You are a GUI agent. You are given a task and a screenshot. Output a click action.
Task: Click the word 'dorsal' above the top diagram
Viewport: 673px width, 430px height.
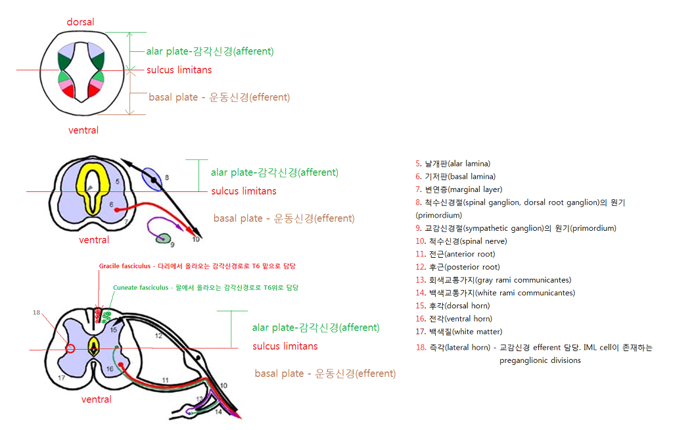click(x=80, y=22)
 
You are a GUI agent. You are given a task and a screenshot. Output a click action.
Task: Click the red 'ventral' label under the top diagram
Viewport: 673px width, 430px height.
click(x=83, y=130)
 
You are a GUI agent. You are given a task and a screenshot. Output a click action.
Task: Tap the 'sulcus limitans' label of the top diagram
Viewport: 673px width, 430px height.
click(x=179, y=70)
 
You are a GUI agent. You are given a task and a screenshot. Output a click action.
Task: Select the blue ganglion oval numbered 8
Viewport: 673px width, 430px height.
click(x=152, y=179)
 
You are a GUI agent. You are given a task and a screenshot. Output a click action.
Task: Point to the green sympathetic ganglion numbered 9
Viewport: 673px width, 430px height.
click(x=163, y=239)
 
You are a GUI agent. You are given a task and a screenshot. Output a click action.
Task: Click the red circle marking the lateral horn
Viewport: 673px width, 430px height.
click(x=71, y=349)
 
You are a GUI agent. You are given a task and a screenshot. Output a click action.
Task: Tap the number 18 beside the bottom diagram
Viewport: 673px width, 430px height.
click(x=37, y=312)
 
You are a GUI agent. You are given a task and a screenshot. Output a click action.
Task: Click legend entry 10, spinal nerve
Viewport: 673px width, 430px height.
click(x=461, y=241)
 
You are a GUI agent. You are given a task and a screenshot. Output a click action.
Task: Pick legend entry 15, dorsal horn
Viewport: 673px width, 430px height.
click(x=452, y=306)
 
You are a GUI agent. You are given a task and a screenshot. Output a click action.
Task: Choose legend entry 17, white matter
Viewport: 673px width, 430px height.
click(x=458, y=331)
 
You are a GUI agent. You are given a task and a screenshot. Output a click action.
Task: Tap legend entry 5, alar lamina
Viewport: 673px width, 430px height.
click(x=452, y=163)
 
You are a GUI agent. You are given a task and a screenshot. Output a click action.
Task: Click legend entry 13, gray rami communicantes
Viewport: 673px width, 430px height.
click(x=493, y=279)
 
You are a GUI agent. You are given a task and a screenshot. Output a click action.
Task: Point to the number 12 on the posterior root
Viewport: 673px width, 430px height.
click(x=158, y=335)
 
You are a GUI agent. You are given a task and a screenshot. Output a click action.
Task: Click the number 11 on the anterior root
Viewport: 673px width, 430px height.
click(x=165, y=380)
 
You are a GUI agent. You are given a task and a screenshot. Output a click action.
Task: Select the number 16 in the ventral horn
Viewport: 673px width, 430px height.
click(x=110, y=369)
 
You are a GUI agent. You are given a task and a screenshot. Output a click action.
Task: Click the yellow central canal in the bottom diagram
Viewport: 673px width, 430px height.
click(x=93, y=346)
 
